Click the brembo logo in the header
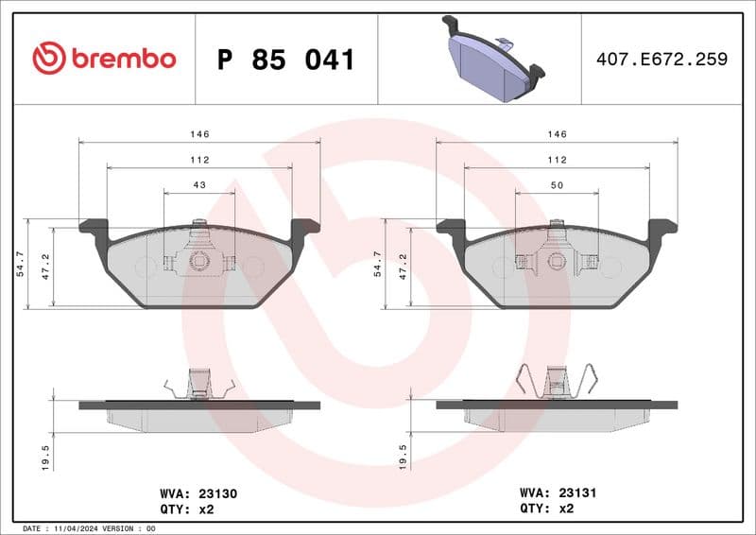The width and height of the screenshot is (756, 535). click(104, 59)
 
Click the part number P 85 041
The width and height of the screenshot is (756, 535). click(285, 60)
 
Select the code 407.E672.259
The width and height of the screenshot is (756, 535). click(661, 60)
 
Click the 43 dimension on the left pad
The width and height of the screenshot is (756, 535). click(199, 185)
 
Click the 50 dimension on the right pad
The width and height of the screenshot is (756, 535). click(557, 185)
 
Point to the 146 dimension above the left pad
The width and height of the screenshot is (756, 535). click(199, 135)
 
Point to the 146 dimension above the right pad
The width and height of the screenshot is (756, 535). click(557, 135)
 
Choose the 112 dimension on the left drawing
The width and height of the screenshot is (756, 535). click(199, 160)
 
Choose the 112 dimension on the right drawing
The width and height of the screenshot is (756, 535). click(557, 160)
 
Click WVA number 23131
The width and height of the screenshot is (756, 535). click(576, 492)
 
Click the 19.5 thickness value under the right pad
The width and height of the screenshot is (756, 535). click(404, 457)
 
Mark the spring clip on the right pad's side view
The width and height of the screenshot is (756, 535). click(557, 382)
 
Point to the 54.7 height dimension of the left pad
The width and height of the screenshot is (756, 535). click(20, 265)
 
